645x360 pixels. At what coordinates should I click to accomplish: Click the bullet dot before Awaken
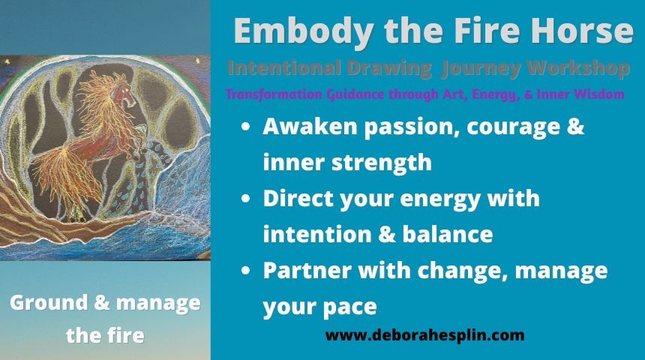click(245, 127)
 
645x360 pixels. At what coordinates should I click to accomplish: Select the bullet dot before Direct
click(245, 199)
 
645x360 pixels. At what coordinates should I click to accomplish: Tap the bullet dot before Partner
click(245, 271)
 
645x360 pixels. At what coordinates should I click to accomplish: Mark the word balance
click(448, 234)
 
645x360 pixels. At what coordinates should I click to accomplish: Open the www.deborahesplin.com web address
click(425, 335)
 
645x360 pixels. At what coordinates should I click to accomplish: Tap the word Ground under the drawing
click(49, 303)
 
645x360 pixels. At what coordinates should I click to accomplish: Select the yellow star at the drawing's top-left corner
click(7, 61)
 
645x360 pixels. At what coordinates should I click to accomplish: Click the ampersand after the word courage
click(575, 126)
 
